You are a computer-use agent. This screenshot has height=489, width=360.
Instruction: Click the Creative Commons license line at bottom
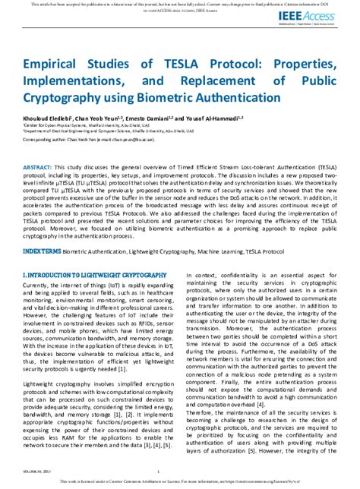click(x=179, y=481)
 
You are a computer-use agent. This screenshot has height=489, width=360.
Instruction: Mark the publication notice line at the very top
click(x=179, y=5)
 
